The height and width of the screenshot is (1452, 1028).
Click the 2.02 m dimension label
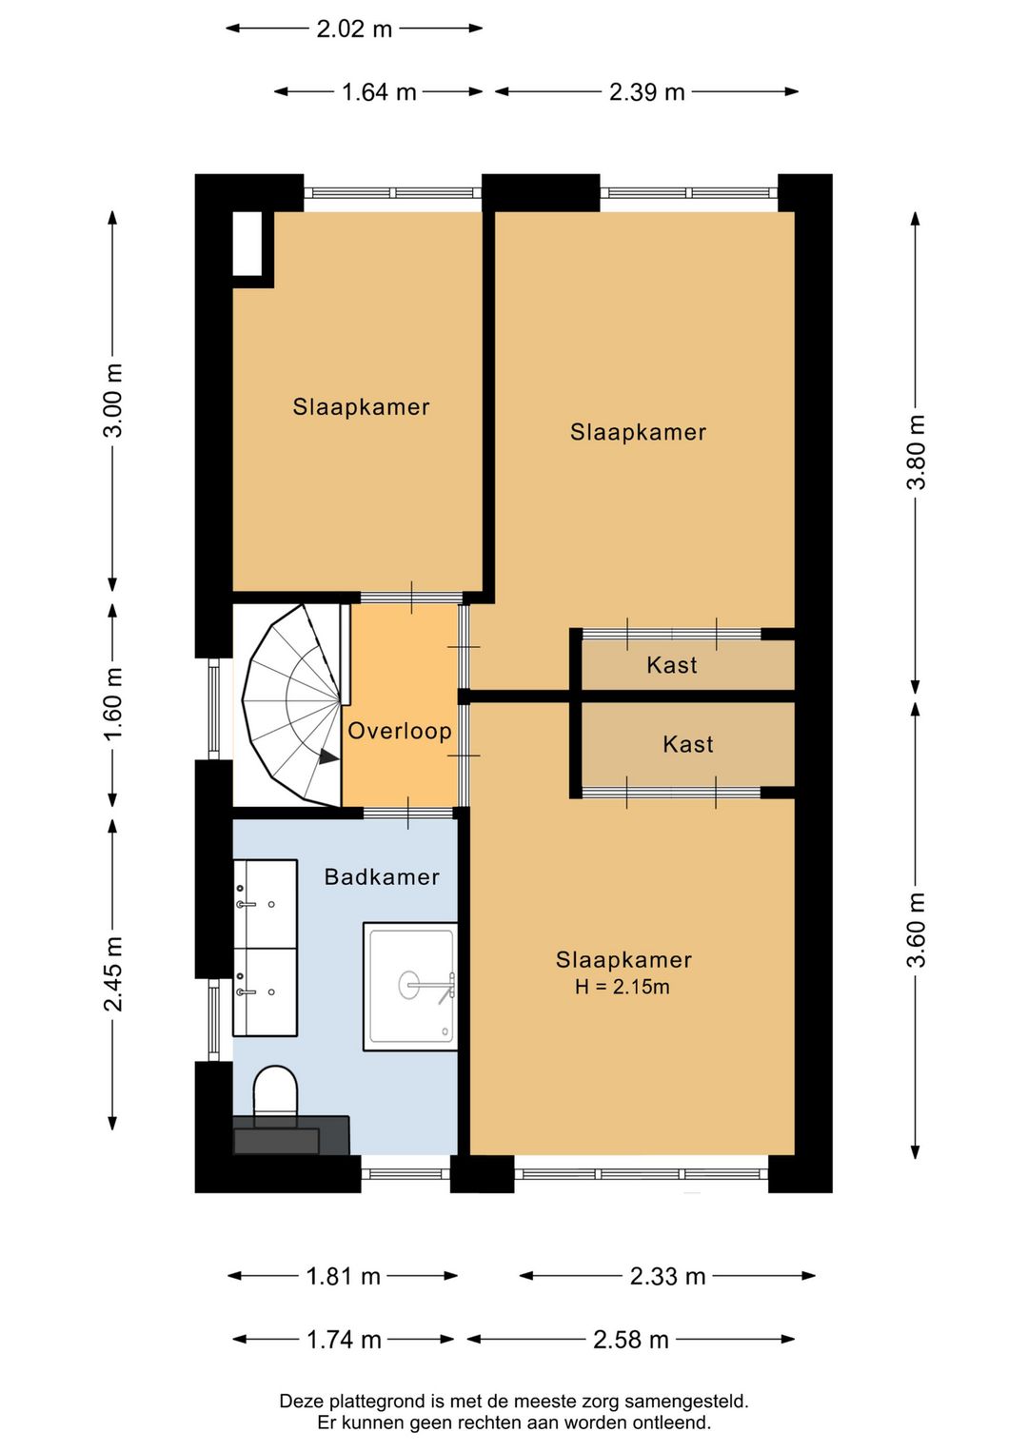354,29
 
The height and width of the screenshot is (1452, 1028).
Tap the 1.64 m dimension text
379,92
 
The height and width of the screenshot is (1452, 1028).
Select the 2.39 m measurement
646,92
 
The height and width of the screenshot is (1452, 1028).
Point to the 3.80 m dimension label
917,452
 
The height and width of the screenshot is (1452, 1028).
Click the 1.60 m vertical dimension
113,703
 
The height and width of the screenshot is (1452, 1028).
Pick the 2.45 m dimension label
113,973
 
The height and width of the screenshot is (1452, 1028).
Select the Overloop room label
400,731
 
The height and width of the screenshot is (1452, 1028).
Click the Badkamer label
382,877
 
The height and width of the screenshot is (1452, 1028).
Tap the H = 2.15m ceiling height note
622,988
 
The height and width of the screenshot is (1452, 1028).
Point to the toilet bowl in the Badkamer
275,1091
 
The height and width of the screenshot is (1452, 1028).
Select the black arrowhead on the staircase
328,756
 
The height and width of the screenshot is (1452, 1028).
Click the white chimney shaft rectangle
247,244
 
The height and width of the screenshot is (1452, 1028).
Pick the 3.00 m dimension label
113,401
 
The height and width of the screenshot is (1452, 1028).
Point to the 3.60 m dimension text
917,930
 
